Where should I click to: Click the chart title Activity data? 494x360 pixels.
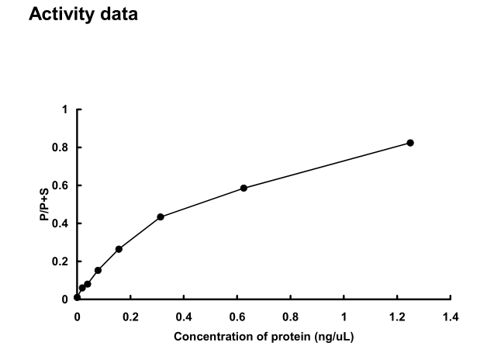(83, 15)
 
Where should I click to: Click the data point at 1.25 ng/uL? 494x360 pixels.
(410, 143)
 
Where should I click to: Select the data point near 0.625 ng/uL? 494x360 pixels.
(244, 188)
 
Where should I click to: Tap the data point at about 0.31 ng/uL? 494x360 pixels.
(161, 216)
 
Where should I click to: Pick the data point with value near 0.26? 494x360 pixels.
(119, 249)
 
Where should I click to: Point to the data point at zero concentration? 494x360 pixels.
(77, 297)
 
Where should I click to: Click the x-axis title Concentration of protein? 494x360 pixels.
(264, 337)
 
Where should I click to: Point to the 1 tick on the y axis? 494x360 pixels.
(65, 109)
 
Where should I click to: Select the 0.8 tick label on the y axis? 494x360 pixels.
(61, 147)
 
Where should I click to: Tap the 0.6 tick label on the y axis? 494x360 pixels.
(61, 185)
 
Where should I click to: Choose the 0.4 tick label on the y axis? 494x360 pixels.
(61, 223)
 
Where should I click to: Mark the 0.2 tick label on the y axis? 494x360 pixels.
(61, 261)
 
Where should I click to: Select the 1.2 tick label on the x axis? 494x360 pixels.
(397, 317)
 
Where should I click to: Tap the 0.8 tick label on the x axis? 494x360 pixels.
(290, 317)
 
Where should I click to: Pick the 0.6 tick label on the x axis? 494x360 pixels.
(237, 317)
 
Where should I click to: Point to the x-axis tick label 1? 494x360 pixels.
(344, 317)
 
